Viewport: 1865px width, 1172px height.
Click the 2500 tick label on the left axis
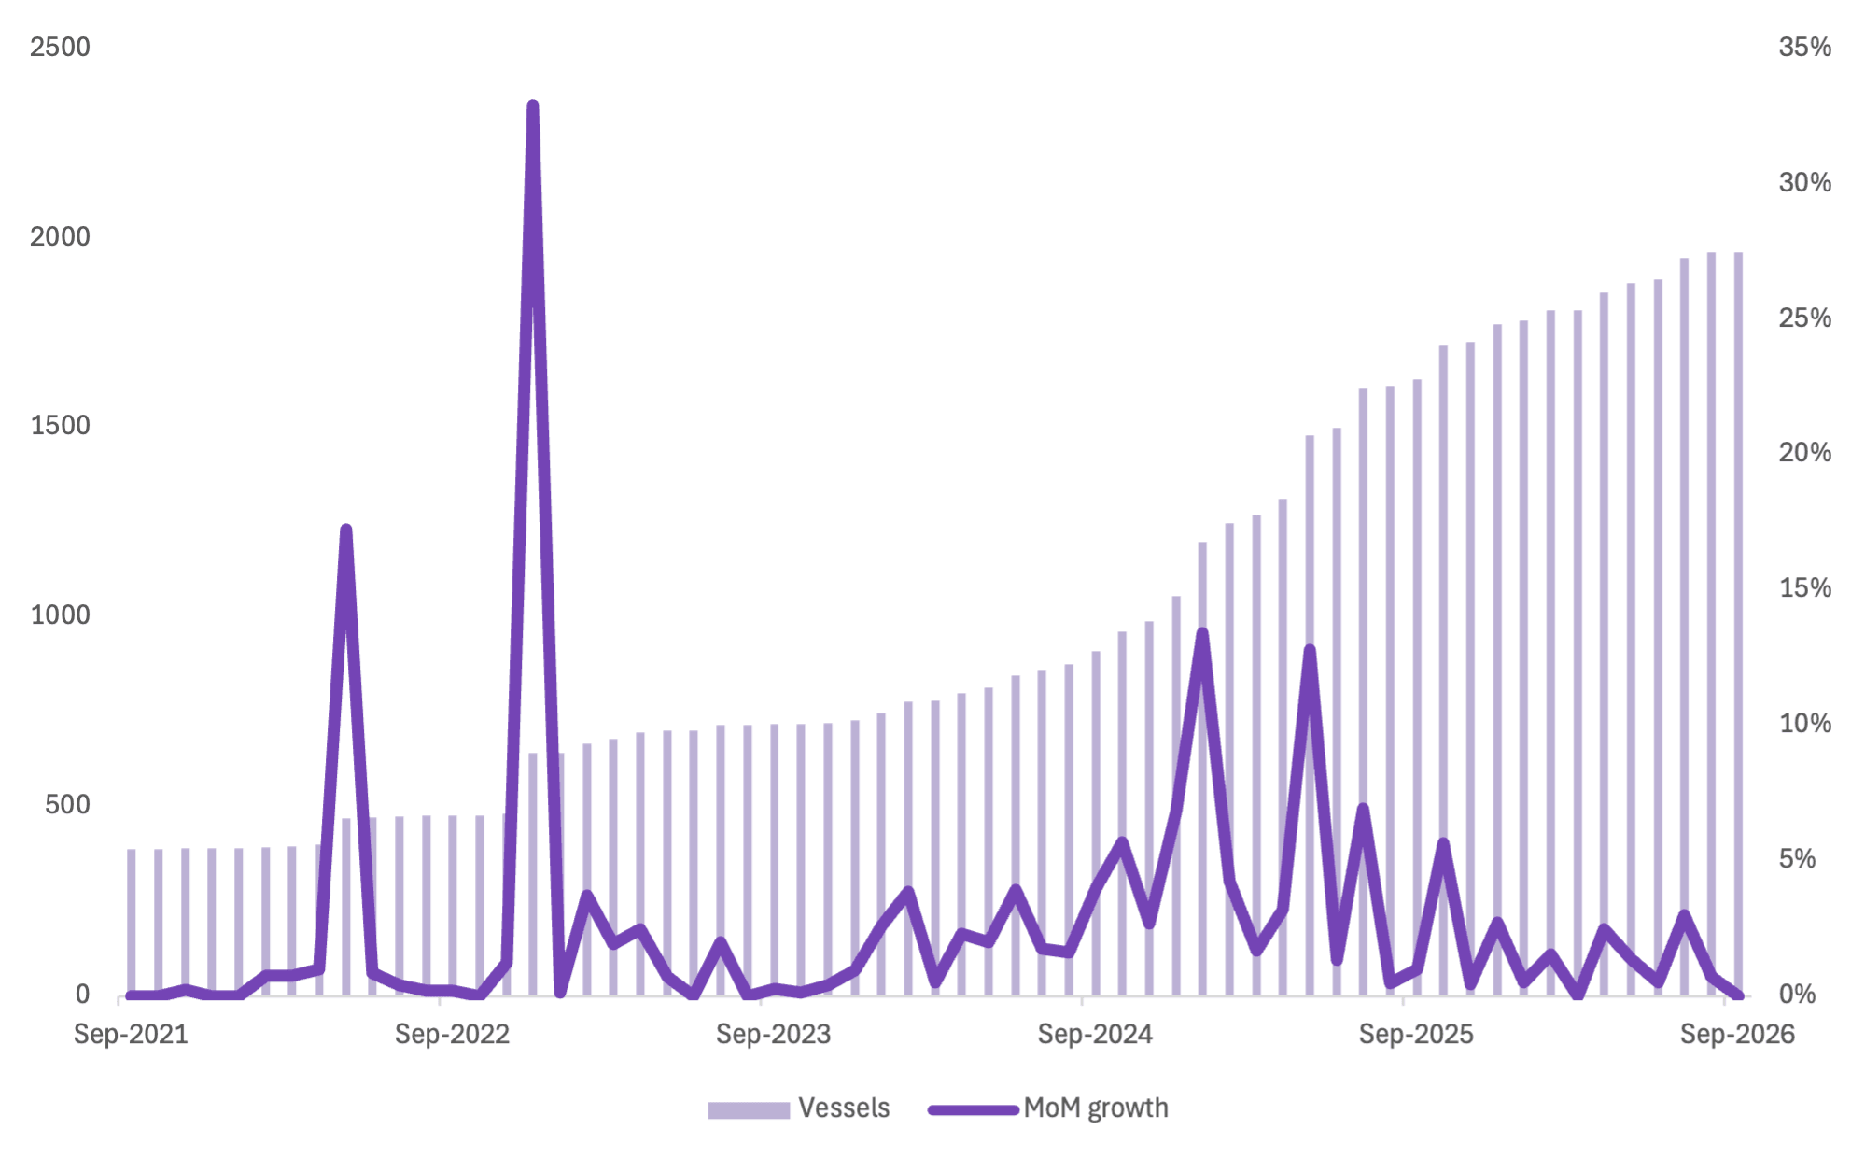tap(60, 47)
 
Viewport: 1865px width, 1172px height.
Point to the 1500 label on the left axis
tap(60, 426)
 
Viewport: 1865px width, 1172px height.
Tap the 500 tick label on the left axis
tap(67, 804)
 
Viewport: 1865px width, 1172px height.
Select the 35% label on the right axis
tap(1804, 47)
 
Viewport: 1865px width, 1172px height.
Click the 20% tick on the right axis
tap(1804, 453)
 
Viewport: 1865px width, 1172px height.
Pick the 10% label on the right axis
tap(1804, 723)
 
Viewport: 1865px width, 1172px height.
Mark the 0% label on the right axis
tap(1797, 994)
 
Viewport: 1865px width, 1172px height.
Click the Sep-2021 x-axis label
tap(131, 1034)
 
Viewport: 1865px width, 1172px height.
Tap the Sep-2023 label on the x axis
tap(773, 1034)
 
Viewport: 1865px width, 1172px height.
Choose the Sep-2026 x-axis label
tap(1737, 1034)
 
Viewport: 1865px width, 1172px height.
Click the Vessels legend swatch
tap(749, 1109)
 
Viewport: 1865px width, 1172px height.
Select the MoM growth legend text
tap(1096, 1108)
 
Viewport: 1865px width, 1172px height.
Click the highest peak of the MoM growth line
tap(533, 106)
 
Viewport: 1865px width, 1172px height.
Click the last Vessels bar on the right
tap(1738, 623)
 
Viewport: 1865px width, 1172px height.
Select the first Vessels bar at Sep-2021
tap(132, 922)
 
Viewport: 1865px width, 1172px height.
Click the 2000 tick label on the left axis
tap(60, 236)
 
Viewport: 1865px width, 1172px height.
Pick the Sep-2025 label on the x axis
tap(1416, 1034)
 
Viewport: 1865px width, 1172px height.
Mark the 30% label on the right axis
tap(1804, 182)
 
